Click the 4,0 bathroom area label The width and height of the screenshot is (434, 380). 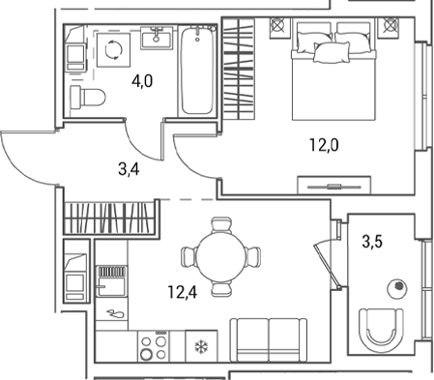pyautogui.click(x=142, y=81)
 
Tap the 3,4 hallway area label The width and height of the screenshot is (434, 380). pyautogui.click(x=129, y=169)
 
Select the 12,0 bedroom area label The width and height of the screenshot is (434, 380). pyautogui.click(x=324, y=145)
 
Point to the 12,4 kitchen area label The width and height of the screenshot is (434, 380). pyautogui.click(x=183, y=292)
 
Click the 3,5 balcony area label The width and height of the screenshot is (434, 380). pyautogui.click(x=372, y=242)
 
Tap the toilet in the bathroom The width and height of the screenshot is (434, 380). pyautogui.click(x=88, y=96)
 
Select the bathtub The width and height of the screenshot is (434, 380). pyautogui.click(x=197, y=72)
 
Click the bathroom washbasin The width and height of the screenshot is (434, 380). pyautogui.click(x=157, y=38)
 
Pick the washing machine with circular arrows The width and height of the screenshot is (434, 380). pyautogui.click(x=114, y=50)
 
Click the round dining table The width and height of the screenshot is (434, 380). pyautogui.click(x=220, y=257)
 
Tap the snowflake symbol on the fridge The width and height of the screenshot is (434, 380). pyautogui.click(x=201, y=346)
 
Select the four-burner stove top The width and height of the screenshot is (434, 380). pyautogui.click(x=154, y=346)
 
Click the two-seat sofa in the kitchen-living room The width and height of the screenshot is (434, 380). pyautogui.click(x=269, y=340)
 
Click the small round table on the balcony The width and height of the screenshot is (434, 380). pyautogui.click(x=397, y=288)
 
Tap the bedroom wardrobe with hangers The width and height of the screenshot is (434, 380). pyautogui.click(x=239, y=69)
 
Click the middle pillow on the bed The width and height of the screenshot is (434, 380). pyautogui.click(x=332, y=52)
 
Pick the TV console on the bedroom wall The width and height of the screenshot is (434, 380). pyautogui.click(x=334, y=186)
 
